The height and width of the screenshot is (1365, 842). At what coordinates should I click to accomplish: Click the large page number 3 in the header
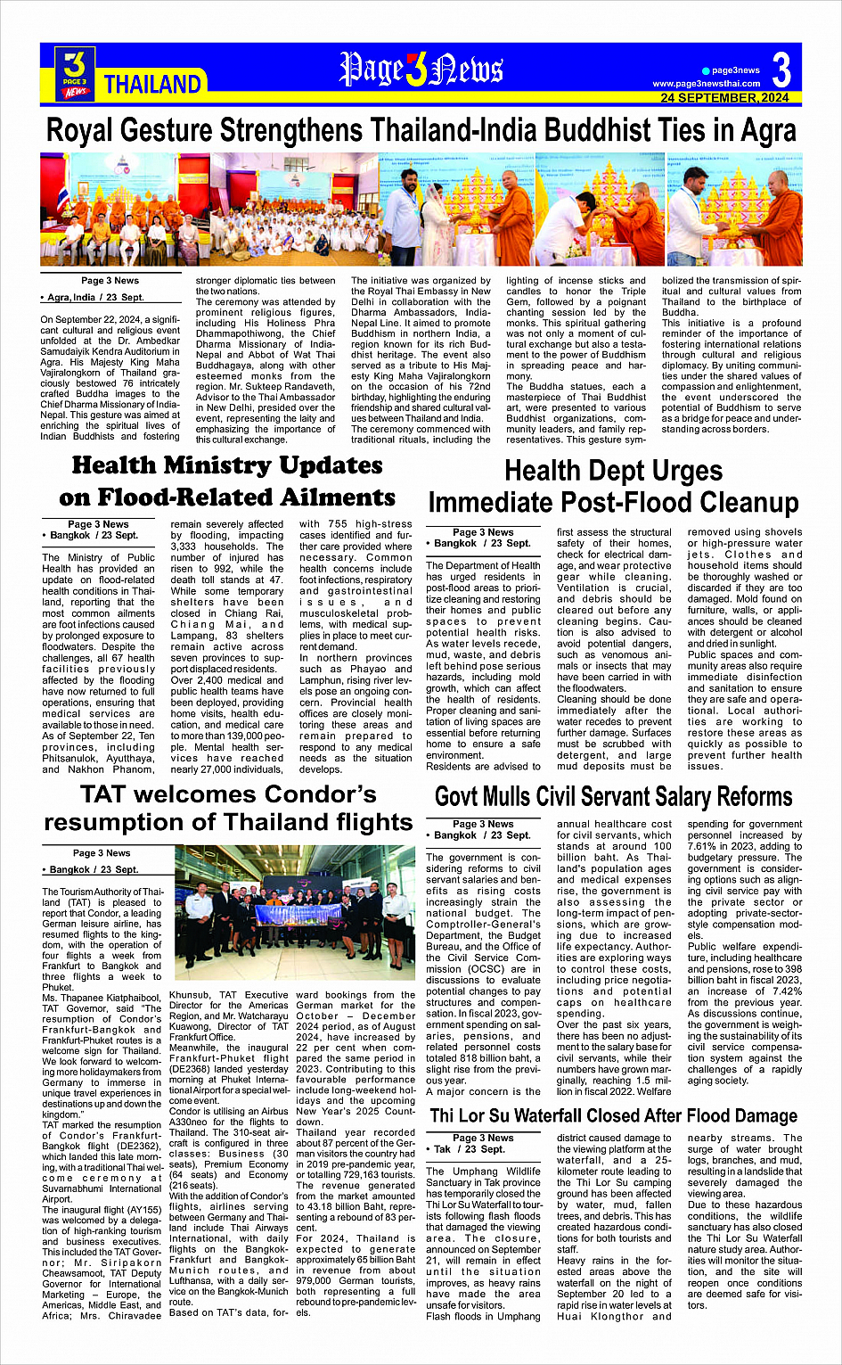click(x=781, y=70)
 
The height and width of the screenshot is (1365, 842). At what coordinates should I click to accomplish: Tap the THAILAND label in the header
click(x=152, y=85)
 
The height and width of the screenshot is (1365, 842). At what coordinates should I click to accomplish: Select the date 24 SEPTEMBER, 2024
click(x=724, y=97)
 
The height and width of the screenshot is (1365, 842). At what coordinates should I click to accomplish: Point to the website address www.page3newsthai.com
click(x=706, y=84)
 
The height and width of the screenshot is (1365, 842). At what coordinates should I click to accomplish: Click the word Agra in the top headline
click(x=766, y=131)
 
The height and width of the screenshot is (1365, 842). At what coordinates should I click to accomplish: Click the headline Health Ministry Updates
click(x=227, y=465)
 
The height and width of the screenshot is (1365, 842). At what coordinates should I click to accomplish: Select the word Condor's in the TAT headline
click(x=304, y=794)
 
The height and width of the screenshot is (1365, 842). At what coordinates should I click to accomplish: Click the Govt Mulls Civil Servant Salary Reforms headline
click(x=613, y=796)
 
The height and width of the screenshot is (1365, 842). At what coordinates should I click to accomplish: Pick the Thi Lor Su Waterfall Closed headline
click(x=613, y=1116)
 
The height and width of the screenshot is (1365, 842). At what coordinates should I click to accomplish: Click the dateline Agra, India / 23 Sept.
click(x=92, y=298)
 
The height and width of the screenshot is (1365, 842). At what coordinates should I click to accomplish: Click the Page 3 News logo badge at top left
click(x=75, y=73)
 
